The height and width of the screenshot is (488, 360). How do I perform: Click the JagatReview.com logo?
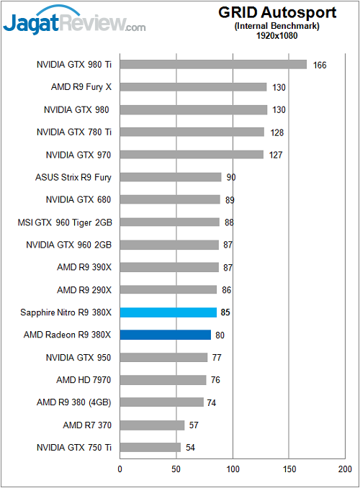(x=74, y=23)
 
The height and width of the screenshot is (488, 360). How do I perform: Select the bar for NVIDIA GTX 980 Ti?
(x=213, y=65)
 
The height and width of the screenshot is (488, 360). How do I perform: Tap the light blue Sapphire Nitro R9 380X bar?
(x=168, y=312)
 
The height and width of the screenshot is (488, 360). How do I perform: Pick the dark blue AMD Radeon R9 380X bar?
(x=165, y=335)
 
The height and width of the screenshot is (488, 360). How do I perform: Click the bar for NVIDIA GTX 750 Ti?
(x=150, y=447)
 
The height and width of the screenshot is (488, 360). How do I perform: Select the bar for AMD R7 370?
(x=152, y=425)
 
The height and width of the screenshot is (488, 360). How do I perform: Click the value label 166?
(x=320, y=65)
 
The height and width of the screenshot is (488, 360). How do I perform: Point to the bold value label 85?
(x=226, y=312)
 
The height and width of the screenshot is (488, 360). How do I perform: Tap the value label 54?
(x=191, y=448)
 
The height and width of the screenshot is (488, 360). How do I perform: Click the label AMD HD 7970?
(x=84, y=379)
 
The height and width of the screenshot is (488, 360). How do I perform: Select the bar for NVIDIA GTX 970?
(x=192, y=155)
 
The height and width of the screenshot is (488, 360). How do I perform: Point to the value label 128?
(x=277, y=132)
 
